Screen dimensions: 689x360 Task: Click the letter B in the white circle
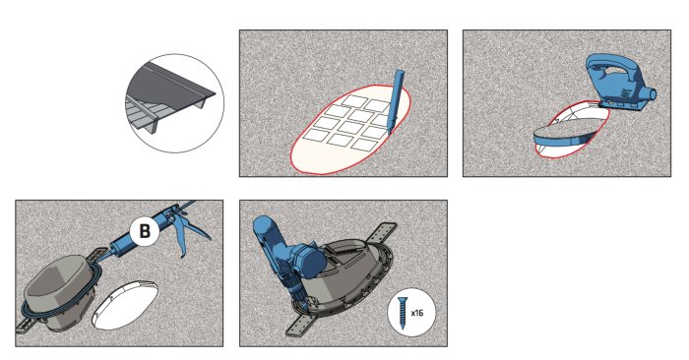pos(145,231)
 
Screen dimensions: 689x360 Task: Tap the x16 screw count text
pos(417,313)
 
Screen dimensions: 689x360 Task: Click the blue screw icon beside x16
pos(402,313)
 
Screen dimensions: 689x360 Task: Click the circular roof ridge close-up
pos(175,103)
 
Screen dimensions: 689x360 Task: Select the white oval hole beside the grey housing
pos(125,305)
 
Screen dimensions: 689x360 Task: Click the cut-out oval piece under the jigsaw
pos(566,135)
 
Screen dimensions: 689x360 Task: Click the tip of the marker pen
pos(388,135)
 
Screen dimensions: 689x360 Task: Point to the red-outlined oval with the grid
pos(350,129)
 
